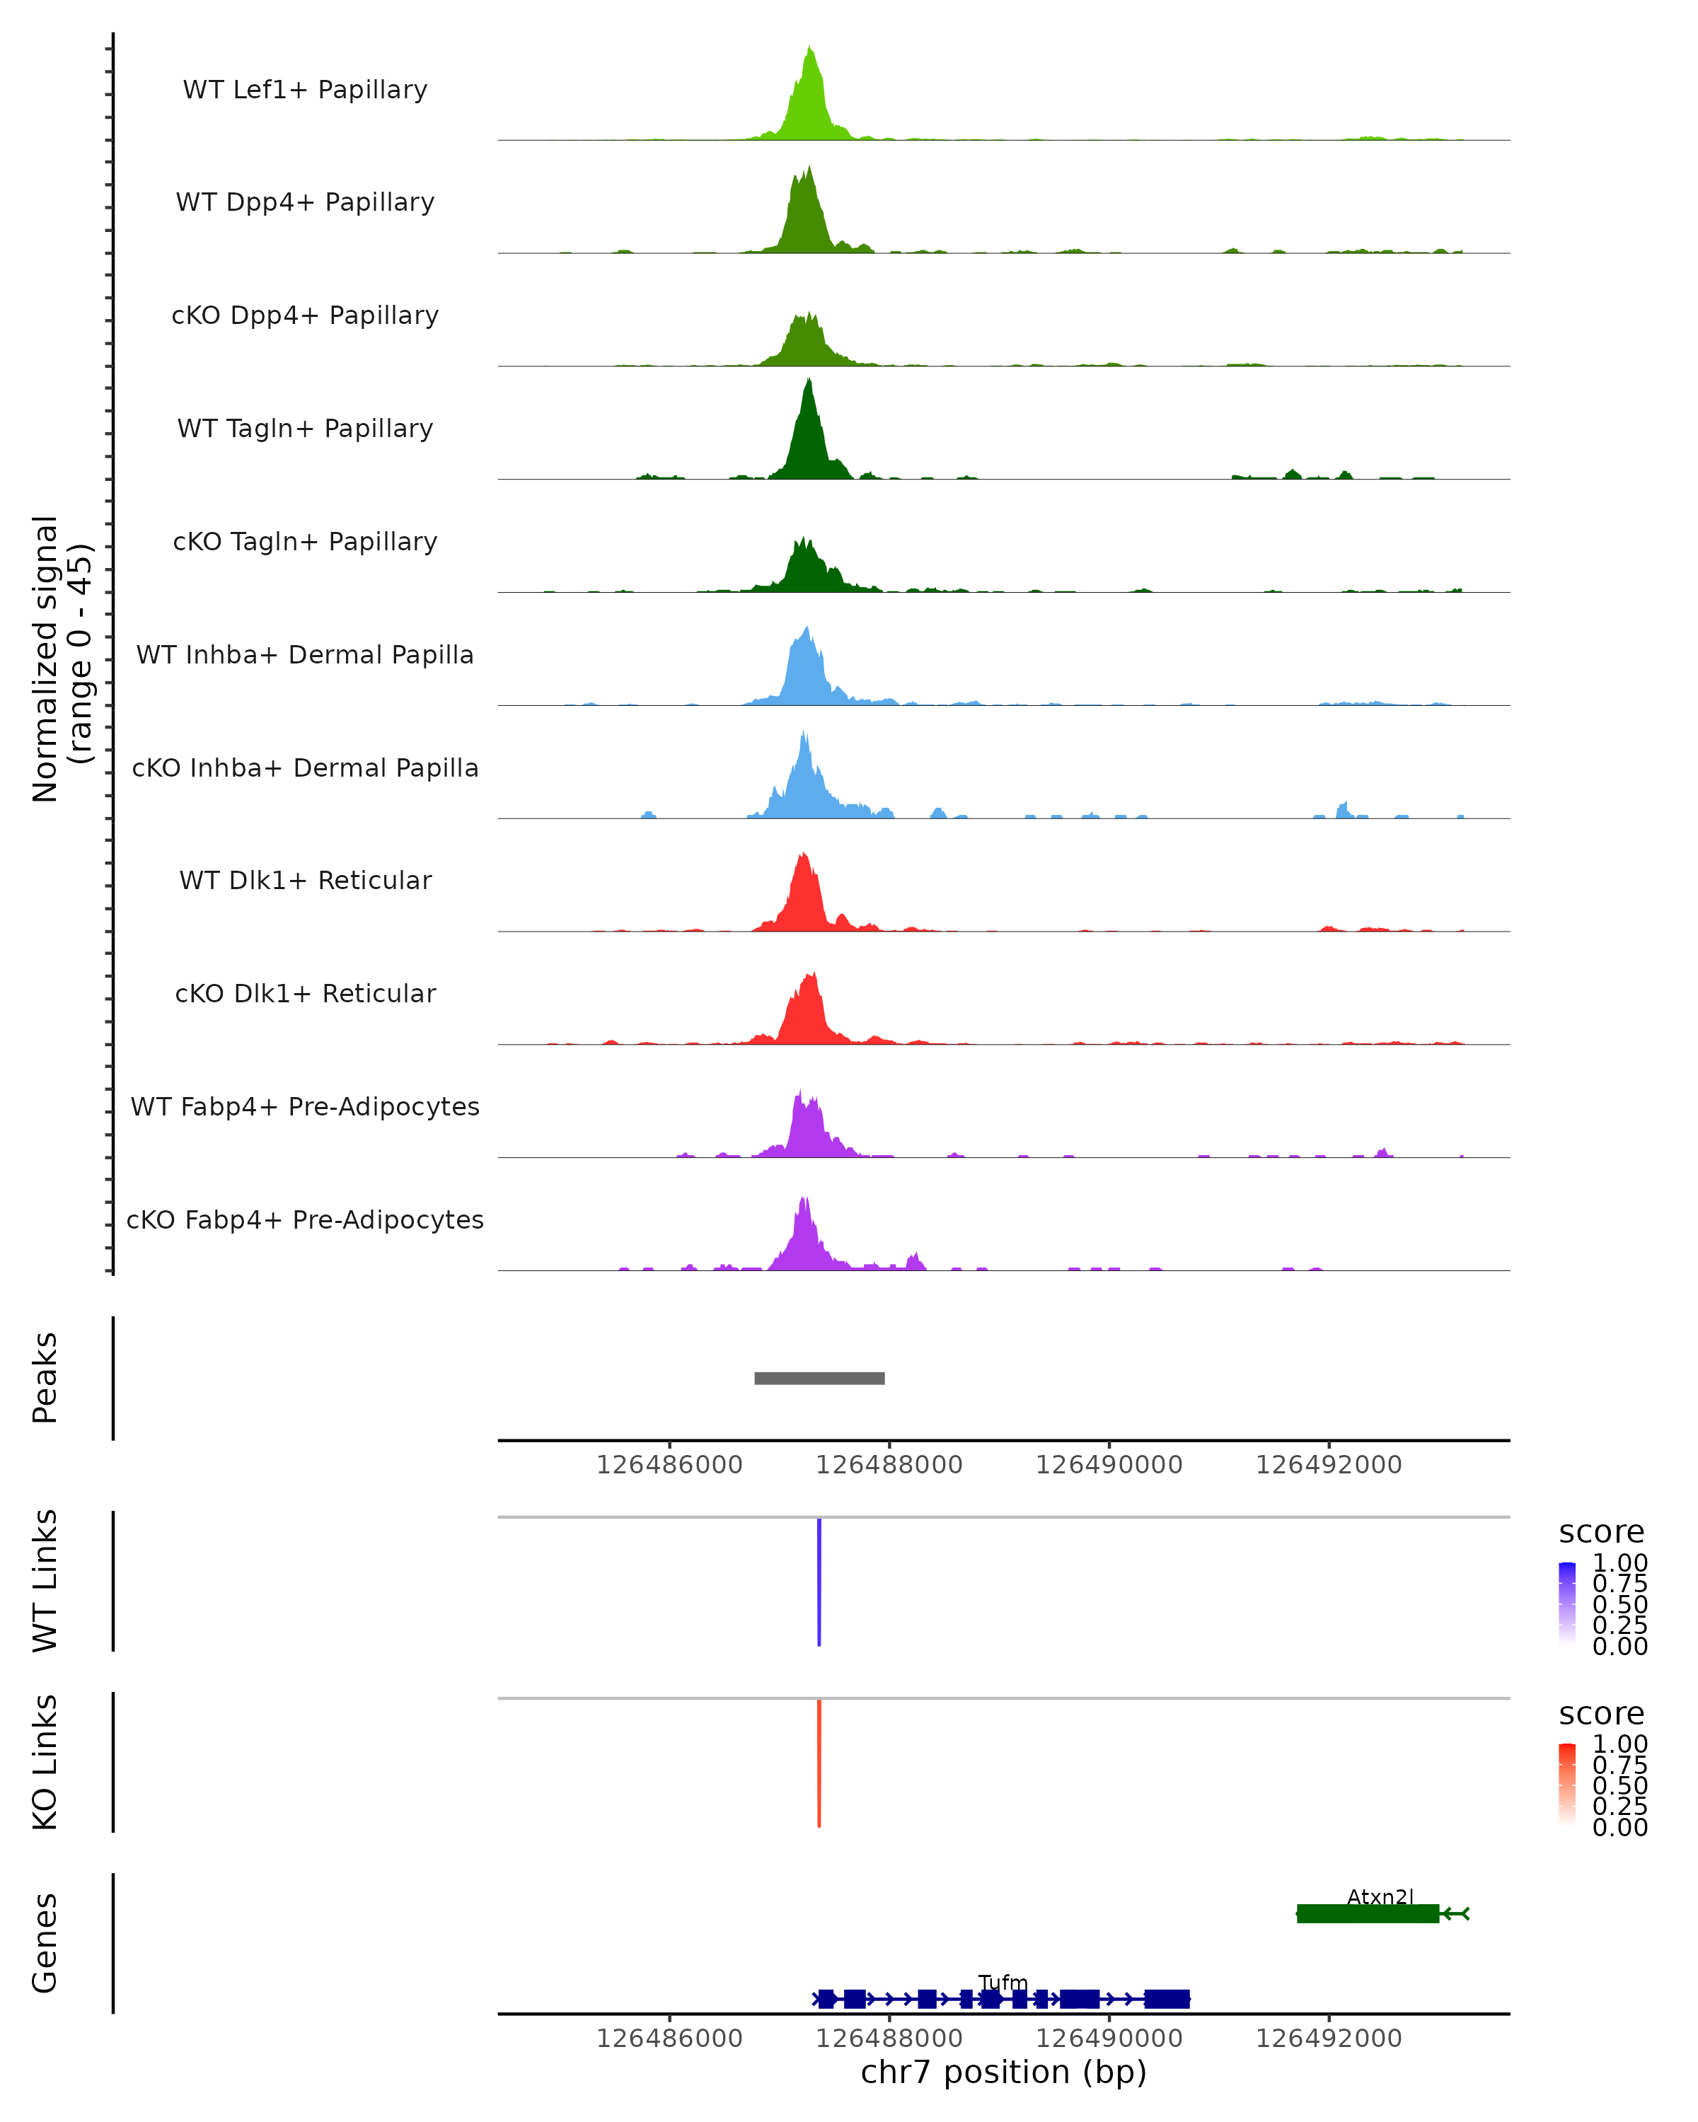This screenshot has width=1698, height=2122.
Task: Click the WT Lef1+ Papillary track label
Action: click(305, 90)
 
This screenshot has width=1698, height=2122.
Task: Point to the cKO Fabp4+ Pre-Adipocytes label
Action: click(305, 1219)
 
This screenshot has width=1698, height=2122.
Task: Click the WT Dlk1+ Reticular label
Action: click(305, 880)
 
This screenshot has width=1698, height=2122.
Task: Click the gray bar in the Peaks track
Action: click(819, 1378)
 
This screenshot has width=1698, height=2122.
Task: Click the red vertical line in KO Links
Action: click(819, 1763)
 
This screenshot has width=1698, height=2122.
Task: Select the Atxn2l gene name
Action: click(1380, 1896)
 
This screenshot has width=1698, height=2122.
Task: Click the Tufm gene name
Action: click(1003, 1982)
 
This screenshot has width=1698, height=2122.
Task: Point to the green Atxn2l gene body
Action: click(1368, 1913)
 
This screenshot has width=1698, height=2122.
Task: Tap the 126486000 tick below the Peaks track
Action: click(669, 1465)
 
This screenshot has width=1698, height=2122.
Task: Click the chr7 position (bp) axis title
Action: click(1003, 2072)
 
